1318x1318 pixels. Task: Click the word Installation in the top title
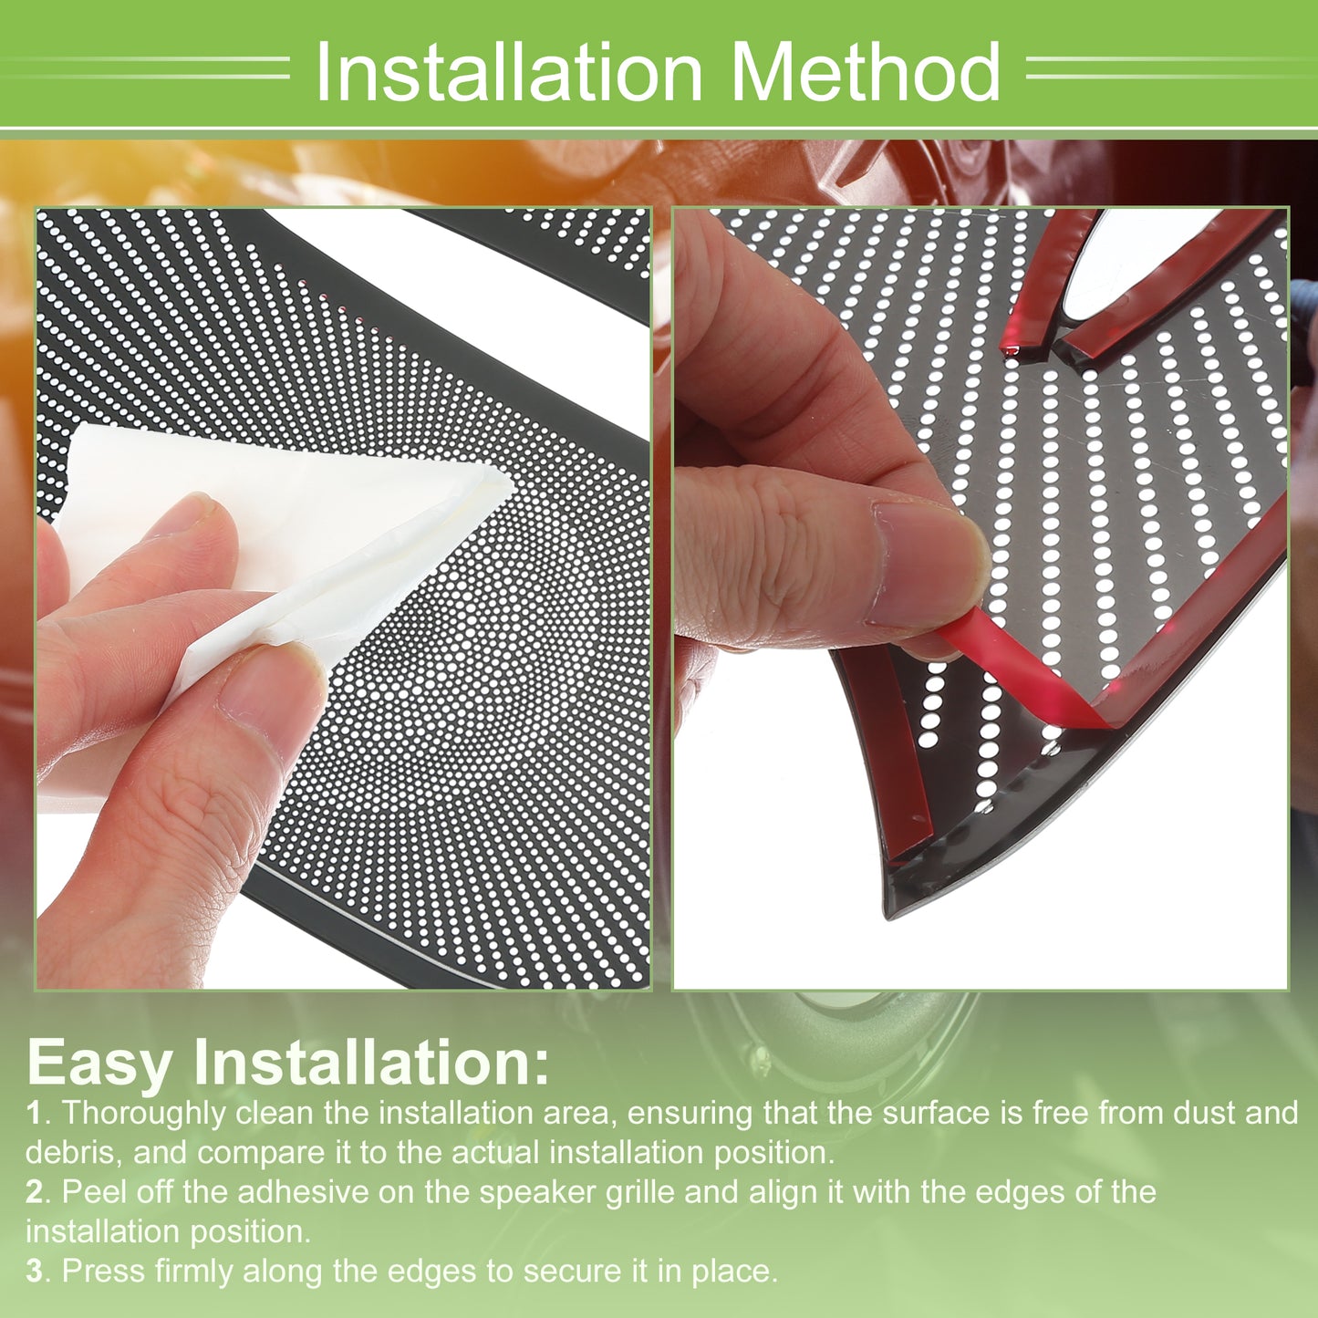pos(508,71)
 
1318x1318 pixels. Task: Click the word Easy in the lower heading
pos(99,1064)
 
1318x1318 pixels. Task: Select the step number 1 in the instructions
pos(34,1113)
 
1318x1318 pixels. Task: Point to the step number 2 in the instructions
pos(34,1192)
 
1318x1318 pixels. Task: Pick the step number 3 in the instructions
pos(34,1271)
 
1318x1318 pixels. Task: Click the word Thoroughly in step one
pos(144,1115)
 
